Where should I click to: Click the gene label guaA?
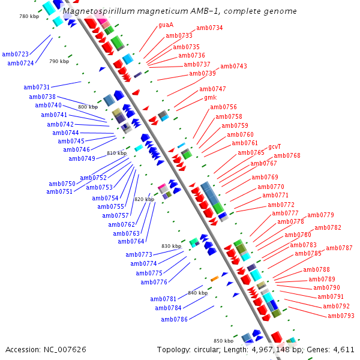(166, 25)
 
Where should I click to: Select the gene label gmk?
(210, 97)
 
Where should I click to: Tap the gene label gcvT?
(274, 146)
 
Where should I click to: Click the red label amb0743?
(233, 66)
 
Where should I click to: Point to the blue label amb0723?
(16, 54)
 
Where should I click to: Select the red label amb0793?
(341, 316)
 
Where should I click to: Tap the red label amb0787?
(339, 248)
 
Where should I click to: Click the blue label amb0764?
(131, 241)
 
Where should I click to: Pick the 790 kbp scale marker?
(59, 61)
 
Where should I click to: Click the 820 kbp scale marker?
(144, 199)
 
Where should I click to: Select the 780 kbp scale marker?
(29, 16)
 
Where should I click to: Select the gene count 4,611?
(343, 349)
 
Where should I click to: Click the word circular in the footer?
(206, 349)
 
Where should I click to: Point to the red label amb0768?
(287, 155)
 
